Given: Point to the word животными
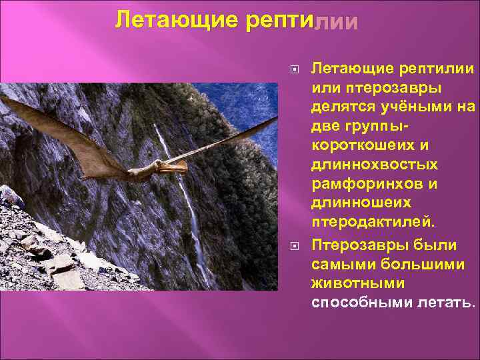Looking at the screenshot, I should click(x=352, y=283).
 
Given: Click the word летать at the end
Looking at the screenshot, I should click(x=451, y=303).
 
